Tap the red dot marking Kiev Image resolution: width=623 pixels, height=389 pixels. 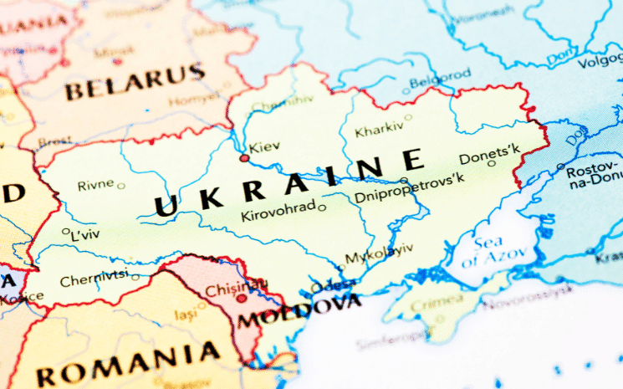tap(244, 157)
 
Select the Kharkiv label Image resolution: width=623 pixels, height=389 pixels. tap(379, 131)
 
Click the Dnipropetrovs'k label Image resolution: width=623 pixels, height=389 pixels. tap(409, 197)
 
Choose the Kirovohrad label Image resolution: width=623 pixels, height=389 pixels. tap(278, 212)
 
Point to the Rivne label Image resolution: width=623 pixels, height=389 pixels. tap(95, 185)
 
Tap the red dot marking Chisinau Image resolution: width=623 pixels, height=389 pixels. tap(241, 297)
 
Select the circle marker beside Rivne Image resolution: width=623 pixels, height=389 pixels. tap(121, 186)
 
